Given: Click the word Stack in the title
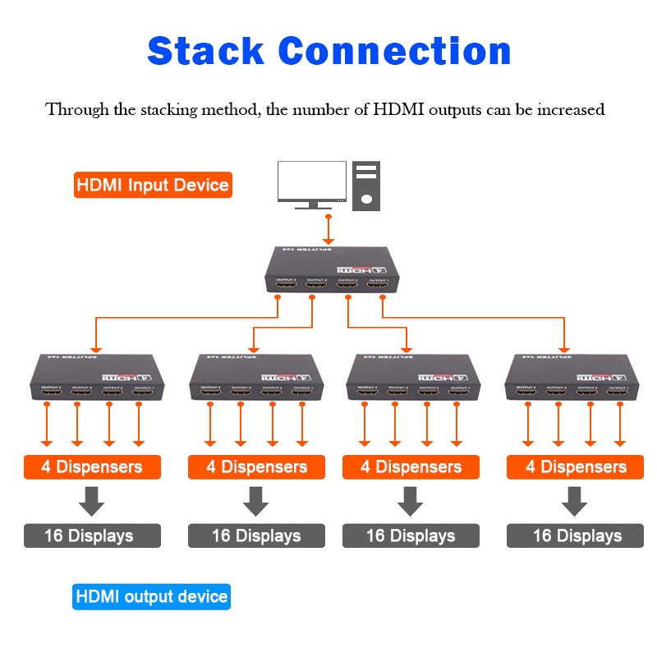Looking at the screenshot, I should click(207, 51).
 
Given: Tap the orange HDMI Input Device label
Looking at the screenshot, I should click(153, 185).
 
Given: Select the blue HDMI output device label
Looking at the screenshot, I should click(152, 596).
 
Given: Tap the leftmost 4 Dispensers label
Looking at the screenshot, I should click(92, 467).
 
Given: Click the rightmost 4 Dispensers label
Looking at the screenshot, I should click(576, 467).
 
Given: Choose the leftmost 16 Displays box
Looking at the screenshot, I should click(92, 535).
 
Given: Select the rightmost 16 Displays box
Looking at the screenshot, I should click(576, 535).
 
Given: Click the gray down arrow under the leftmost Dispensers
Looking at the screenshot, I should click(91, 501).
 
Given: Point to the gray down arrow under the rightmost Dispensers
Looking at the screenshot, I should click(575, 501).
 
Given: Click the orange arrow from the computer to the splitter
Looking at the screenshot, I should click(328, 227).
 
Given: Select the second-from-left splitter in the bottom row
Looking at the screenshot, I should click(252, 379).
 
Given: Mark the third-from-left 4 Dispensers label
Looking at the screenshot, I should click(411, 467).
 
